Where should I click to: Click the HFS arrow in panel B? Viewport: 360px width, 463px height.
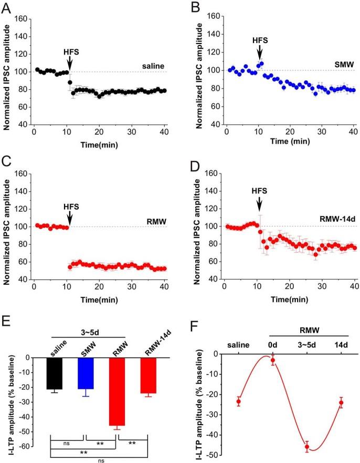coord(259,52)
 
